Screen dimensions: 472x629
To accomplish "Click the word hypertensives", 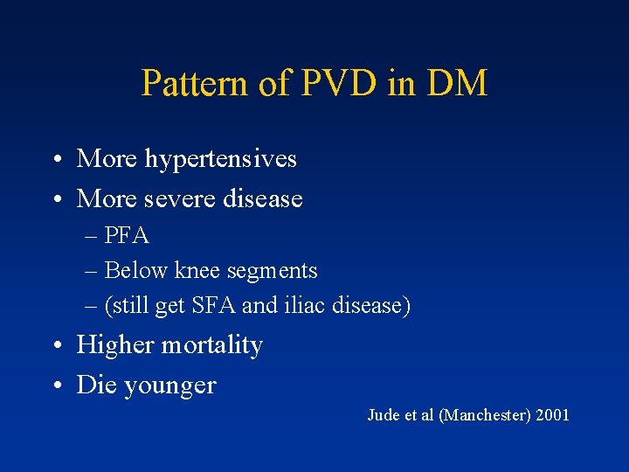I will click(x=223, y=159).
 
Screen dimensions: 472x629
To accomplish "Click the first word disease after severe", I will click(x=262, y=199).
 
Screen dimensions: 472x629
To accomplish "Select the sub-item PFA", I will click(x=127, y=236).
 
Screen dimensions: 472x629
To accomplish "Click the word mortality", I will click(x=211, y=345).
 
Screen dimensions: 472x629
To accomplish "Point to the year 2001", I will click(x=550, y=415).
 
